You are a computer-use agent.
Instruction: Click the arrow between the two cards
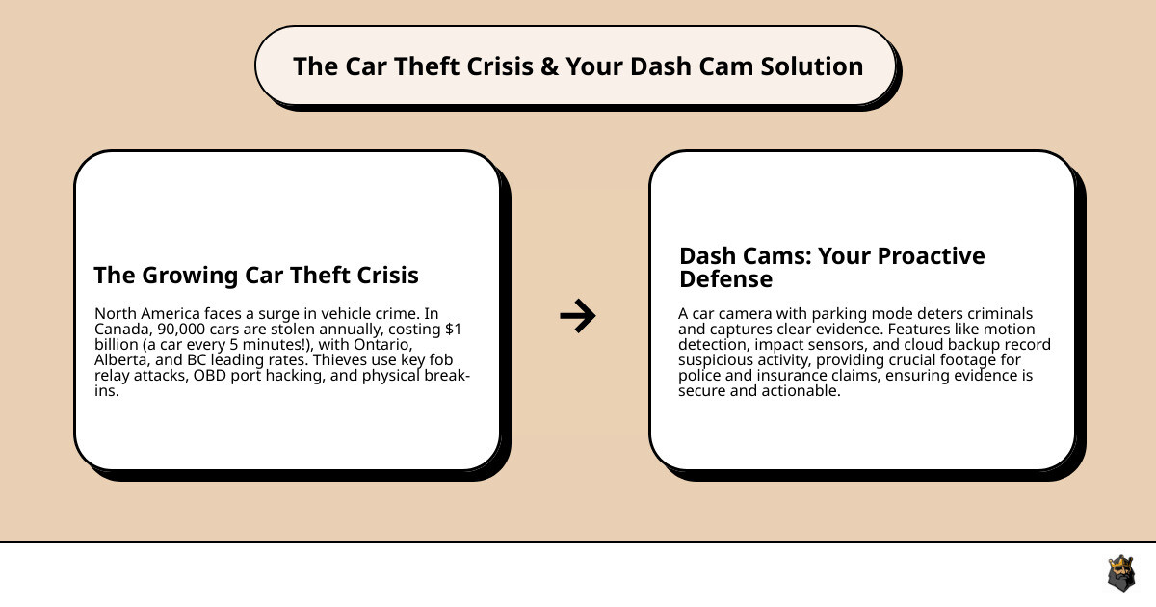(578, 315)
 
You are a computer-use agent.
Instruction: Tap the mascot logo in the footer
(1120, 573)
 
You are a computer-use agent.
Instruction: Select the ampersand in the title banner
(548, 66)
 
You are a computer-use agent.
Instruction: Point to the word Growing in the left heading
(184, 276)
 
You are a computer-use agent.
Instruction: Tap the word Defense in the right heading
(726, 279)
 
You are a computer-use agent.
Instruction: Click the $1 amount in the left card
(452, 329)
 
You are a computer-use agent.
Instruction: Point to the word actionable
(800, 390)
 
